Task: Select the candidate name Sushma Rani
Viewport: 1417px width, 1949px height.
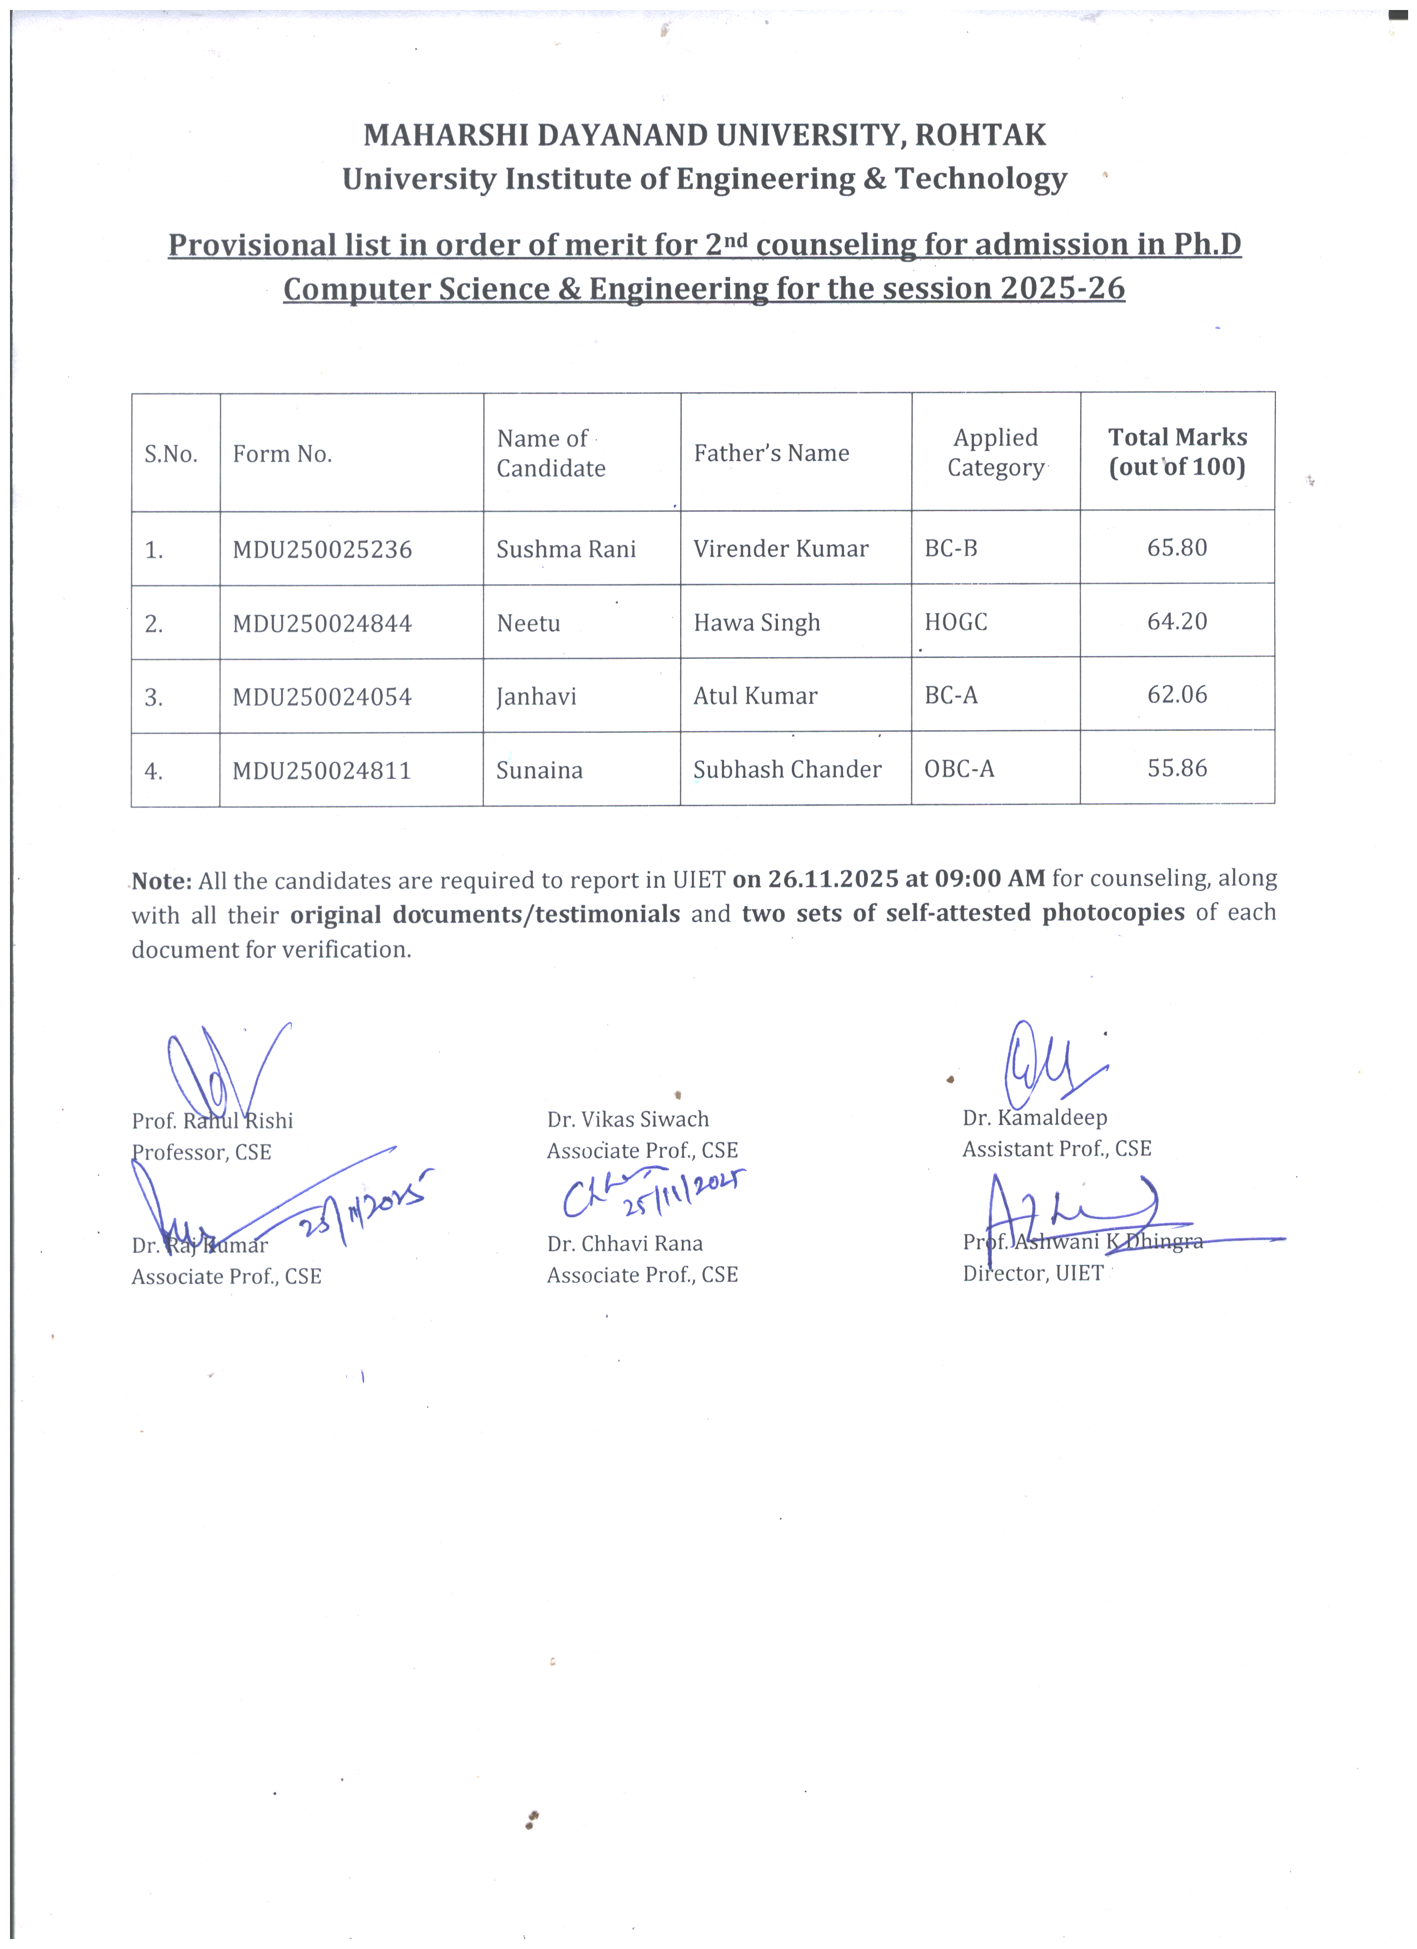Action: pyautogui.click(x=566, y=549)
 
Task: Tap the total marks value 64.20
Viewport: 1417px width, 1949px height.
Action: pyautogui.click(x=1176, y=621)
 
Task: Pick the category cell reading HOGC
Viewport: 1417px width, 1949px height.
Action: pyautogui.click(x=956, y=622)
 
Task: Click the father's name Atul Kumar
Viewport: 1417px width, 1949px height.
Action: pyautogui.click(x=755, y=696)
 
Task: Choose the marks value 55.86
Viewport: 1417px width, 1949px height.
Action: pyautogui.click(x=1176, y=768)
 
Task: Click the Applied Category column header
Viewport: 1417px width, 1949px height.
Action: pyautogui.click(x=995, y=453)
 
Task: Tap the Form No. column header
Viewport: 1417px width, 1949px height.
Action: pyautogui.click(x=282, y=454)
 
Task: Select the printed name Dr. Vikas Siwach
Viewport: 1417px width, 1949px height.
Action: pyautogui.click(x=627, y=1120)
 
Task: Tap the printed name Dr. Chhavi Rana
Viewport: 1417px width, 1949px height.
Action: pyautogui.click(x=625, y=1243)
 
